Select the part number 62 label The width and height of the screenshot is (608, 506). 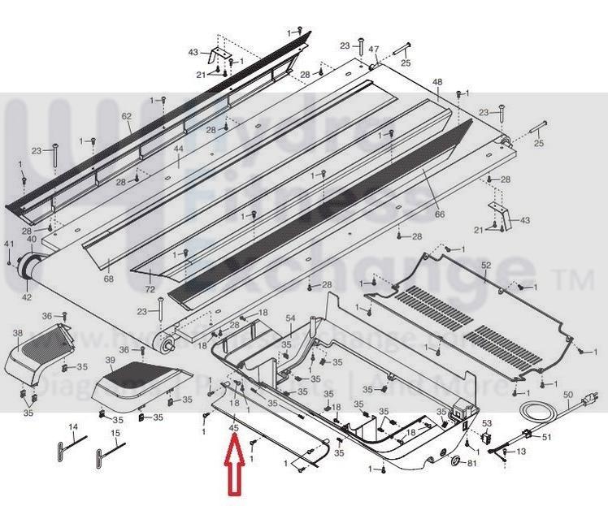click(x=127, y=117)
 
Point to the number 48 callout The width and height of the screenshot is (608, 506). click(x=437, y=82)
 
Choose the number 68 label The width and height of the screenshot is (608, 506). click(x=108, y=279)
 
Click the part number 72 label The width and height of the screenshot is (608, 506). click(x=150, y=289)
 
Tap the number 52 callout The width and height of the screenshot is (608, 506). click(x=486, y=266)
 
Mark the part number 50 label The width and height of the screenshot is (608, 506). click(x=568, y=396)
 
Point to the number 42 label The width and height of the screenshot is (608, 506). click(x=27, y=297)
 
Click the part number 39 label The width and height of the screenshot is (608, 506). click(x=111, y=360)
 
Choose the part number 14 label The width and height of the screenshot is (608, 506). click(x=72, y=427)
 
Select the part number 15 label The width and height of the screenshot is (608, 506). click(x=115, y=434)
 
